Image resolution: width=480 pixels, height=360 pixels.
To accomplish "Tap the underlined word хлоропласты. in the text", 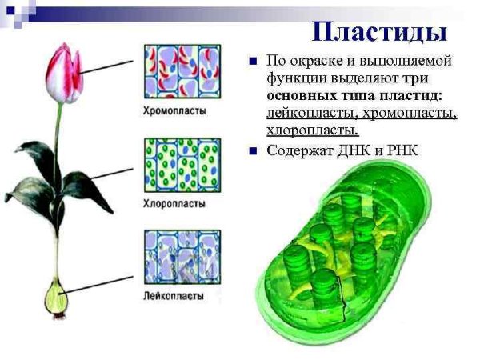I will [x=313, y=130].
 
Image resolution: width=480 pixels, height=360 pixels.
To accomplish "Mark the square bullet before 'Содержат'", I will [x=253, y=150].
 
